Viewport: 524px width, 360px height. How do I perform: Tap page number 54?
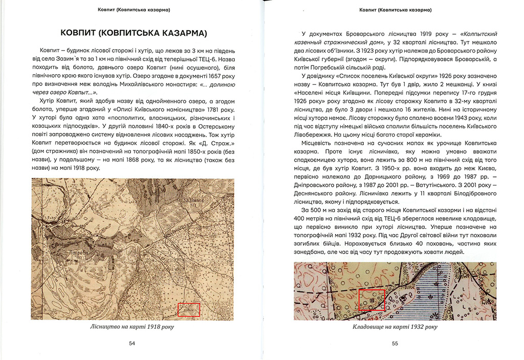[x=132, y=344]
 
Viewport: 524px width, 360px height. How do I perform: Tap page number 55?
[x=395, y=344]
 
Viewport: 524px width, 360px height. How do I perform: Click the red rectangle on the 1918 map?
[x=188, y=309]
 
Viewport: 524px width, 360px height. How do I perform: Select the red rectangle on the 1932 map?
[x=372, y=300]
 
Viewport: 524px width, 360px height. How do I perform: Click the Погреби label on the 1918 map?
[x=77, y=252]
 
